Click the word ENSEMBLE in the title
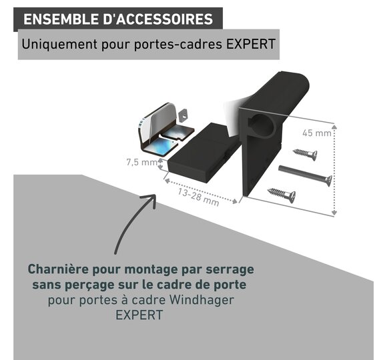[60, 19]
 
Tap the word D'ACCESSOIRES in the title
[157, 19]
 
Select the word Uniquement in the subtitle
[59, 45]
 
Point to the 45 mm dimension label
[317, 133]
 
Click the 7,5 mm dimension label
[141, 162]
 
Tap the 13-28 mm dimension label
[198, 197]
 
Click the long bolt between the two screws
[306, 175]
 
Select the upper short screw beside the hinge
[306, 155]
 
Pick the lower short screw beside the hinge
[282, 195]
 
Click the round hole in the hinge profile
[263, 125]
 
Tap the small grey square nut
[183, 115]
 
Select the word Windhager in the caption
[202, 300]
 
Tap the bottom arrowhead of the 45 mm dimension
[334, 212]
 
